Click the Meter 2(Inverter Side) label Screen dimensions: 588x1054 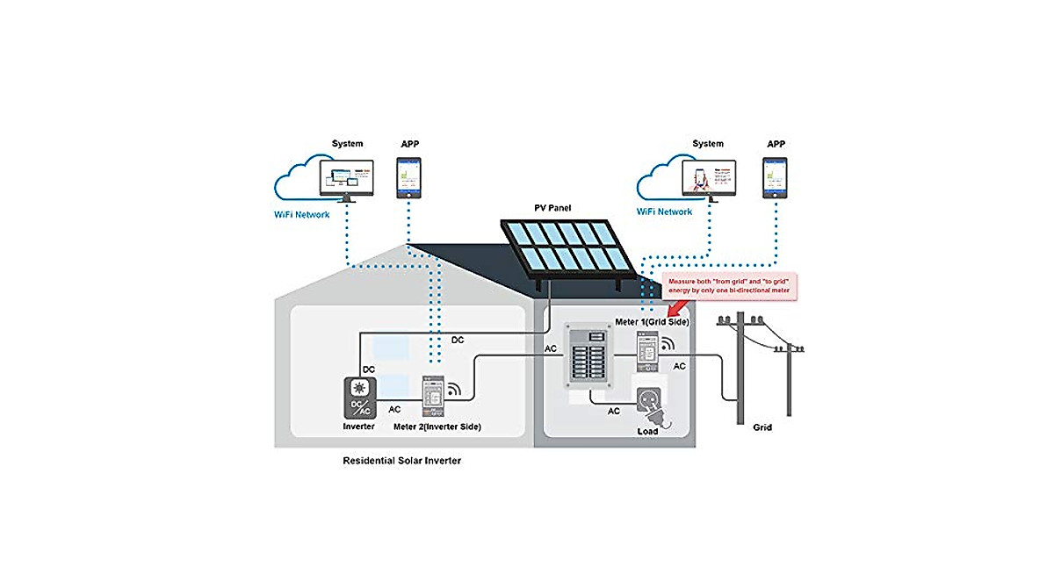pos(437,427)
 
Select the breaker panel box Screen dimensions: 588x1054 pos(587,357)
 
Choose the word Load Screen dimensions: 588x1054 pos(648,431)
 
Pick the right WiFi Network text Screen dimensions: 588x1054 pos(663,212)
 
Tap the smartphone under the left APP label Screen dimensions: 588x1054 pos(408,179)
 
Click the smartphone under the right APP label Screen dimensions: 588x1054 pos(775,178)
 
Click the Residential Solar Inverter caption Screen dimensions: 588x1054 pos(401,460)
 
